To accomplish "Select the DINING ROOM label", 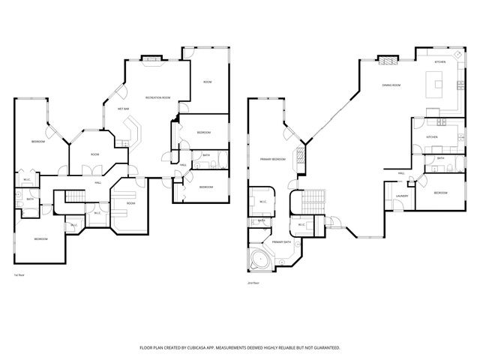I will [x=391, y=85].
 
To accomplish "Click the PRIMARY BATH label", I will [x=281, y=242].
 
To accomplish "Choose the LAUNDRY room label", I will [x=401, y=196].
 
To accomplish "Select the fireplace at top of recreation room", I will [x=151, y=58].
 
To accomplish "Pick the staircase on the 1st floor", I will [x=75, y=197].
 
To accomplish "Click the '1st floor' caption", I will [x=19, y=275].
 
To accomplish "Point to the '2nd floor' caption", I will [x=253, y=283].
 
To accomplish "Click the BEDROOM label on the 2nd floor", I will [x=440, y=193].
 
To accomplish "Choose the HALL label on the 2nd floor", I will [x=401, y=173].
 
